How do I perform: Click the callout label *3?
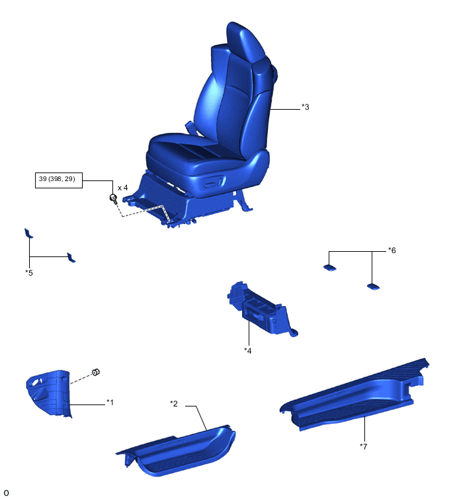tap(305, 107)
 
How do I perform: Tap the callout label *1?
tap(110, 403)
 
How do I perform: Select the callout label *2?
tap(174, 404)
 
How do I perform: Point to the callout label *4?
tap(248, 350)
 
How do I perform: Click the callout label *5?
tap(29, 273)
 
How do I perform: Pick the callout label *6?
tap(392, 250)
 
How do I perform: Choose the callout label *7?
tap(363, 447)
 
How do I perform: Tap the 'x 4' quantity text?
tap(122, 188)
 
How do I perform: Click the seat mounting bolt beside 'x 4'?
tap(113, 199)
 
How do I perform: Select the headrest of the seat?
tap(245, 42)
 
